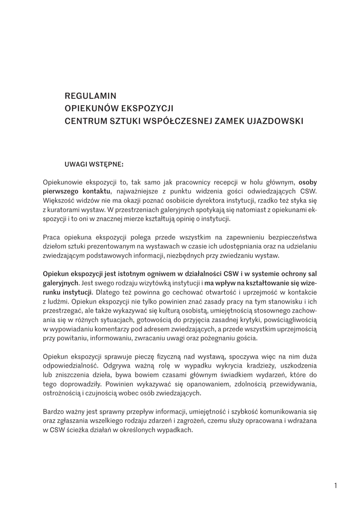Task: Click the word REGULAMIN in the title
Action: coord(90,96)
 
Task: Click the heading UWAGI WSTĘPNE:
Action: coord(94,164)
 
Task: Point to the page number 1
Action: coord(336,486)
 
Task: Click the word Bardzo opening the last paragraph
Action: coord(53,411)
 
